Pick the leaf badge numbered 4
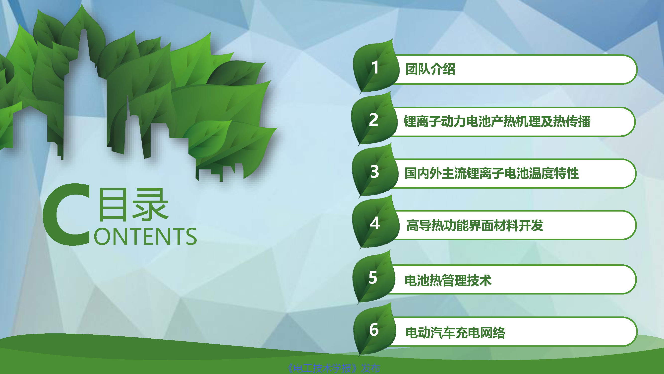[x=375, y=223]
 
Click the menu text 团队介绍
[x=430, y=69]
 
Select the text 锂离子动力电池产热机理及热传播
[x=497, y=122]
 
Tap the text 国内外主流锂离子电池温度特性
[x=491, y=173]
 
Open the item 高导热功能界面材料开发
[x=475, y=225]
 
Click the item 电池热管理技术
[x=448, y=280]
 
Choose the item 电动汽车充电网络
[x=455, y=332]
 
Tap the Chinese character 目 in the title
[x=113, y=205]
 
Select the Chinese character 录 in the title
[x=150, y=205]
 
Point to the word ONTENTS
[x=145, y=236]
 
